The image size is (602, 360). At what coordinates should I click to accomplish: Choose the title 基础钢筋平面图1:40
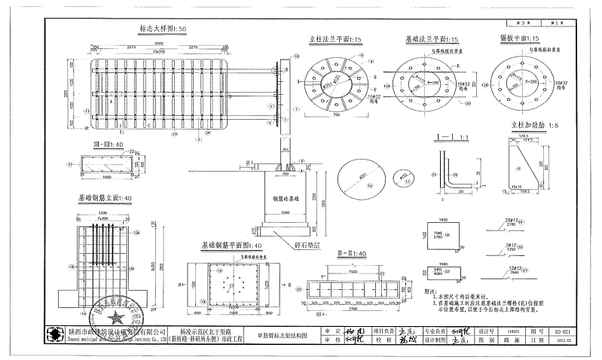(231, 246)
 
